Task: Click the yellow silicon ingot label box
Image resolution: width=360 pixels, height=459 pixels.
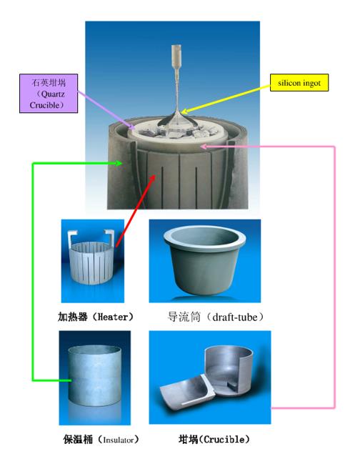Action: pos(299,82)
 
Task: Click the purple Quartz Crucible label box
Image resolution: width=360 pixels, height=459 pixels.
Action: pos(49,94)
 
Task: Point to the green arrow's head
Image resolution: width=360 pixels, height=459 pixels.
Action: pos(119,163)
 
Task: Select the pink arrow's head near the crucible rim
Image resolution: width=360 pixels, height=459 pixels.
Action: pos(204,146)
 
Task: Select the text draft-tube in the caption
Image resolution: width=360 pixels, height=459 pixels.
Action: pos(235,317)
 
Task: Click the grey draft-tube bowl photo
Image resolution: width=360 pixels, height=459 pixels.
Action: pos(205,259)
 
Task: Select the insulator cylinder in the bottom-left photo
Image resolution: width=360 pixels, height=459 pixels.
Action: pos(95,375)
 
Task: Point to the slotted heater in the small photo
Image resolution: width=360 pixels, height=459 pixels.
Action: pos(92,262)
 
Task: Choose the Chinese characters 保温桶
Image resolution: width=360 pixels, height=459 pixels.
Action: pos(78,440)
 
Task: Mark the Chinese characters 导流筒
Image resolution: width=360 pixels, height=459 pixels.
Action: pos(184,317)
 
